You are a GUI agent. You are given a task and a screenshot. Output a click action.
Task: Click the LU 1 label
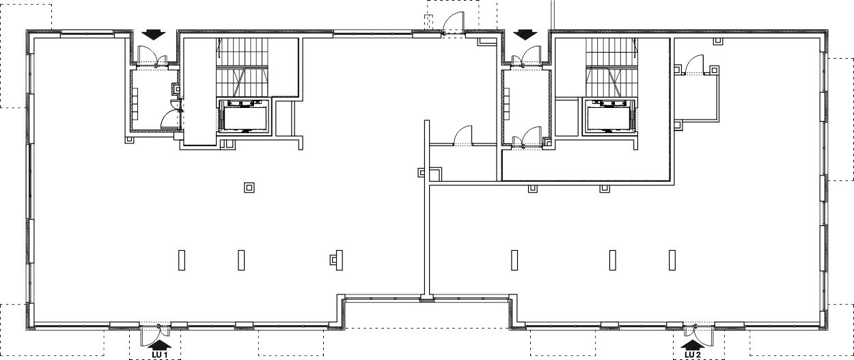(161, 355)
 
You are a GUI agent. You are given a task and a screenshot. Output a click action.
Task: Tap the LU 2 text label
(693, 355)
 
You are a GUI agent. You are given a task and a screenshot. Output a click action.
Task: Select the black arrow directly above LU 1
(160, 346)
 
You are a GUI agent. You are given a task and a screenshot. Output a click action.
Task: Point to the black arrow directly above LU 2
(692, 346)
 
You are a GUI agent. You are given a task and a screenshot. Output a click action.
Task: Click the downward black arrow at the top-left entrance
(153, 35)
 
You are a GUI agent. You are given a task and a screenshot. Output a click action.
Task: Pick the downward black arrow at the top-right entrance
(525, 35)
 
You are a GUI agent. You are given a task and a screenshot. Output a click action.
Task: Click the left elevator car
(244, 117)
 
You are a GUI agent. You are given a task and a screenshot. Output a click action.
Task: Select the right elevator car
(609, 117)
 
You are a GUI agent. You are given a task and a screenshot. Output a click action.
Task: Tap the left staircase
(243, 67)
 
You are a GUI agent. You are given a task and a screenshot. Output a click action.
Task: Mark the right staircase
(611, 67)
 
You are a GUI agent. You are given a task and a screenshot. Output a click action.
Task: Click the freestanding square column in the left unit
(249, 188)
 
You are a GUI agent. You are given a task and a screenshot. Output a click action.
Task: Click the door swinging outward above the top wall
(454, 23)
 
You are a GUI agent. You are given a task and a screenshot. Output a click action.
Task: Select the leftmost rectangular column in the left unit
(182, 260)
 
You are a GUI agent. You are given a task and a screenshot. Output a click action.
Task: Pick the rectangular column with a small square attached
(337, 260)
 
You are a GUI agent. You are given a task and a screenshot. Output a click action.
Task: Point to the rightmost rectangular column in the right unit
(672, 260)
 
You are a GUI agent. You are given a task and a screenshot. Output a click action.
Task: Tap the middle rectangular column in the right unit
(613, 260)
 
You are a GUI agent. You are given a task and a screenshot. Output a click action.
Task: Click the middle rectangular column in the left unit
(241, 260)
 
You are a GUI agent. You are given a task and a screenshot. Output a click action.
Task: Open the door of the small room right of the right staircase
(695, 65)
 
